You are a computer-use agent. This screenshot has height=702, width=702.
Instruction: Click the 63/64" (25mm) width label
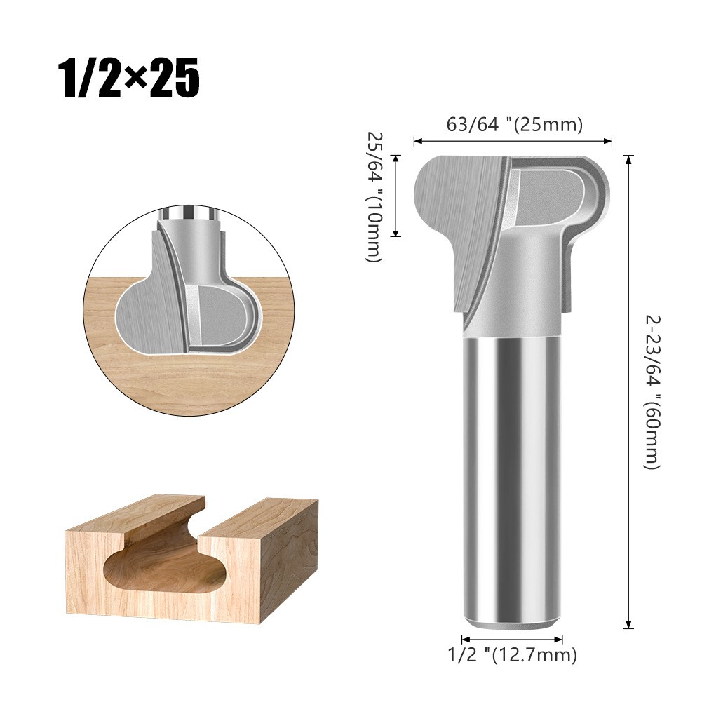coord(515,125)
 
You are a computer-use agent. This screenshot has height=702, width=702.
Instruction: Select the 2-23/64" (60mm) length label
coord(652,391)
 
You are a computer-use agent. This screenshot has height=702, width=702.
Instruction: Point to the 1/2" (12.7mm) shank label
coord(513,655)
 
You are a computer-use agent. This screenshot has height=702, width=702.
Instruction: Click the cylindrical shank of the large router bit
coord(512,477)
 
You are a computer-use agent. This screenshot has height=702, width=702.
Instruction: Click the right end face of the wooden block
coord(291,561)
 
